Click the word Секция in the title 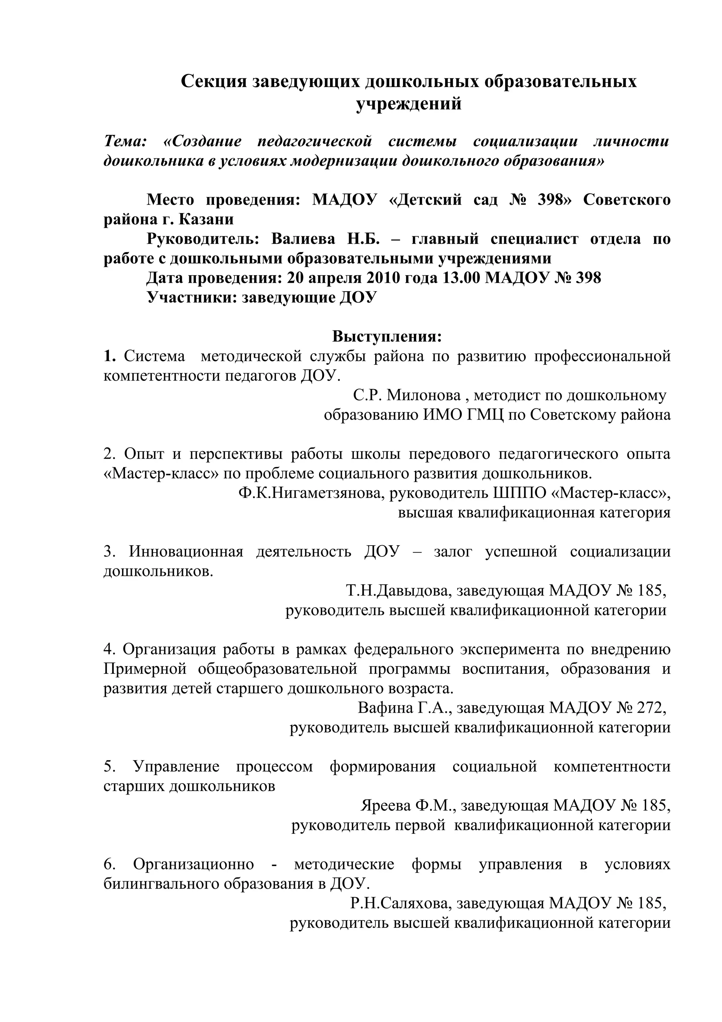[x=214, y=81]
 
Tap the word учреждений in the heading [x=408, y=104]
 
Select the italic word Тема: [x=125, y=141]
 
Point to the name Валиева [x=303, y=239]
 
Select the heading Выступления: [x=387, y=336]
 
